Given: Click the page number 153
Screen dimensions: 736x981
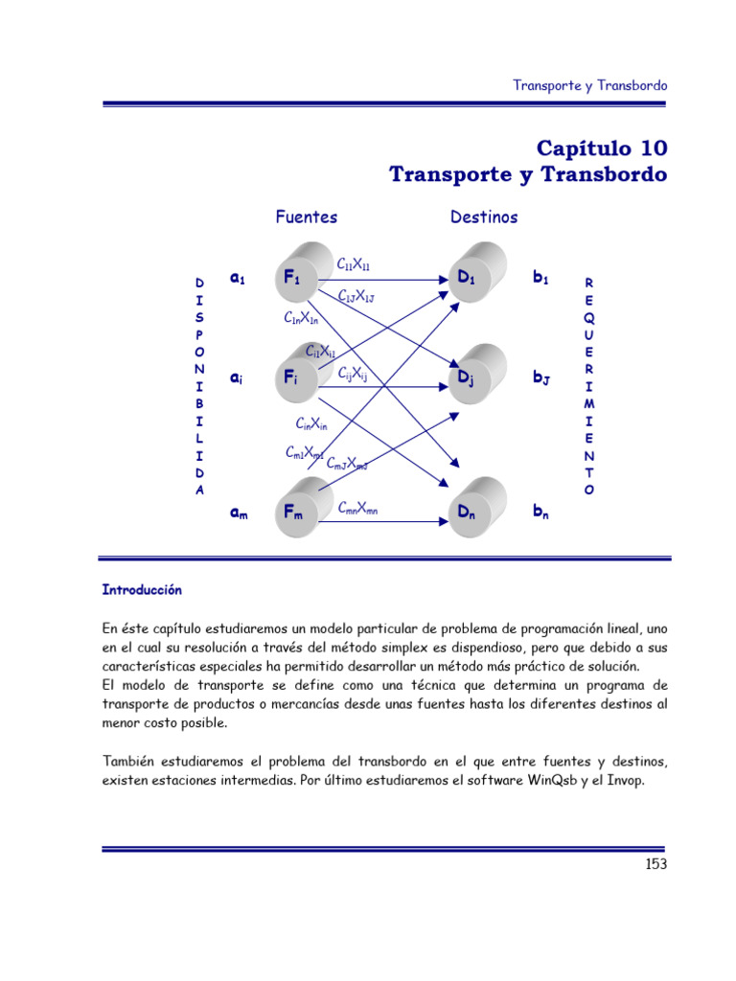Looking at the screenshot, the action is pyautogui.click(x=655, y=863).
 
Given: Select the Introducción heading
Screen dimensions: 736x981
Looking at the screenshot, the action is pyautogui.click(x=142, y=590).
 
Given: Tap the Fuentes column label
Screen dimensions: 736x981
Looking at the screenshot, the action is pyautogui.click(x=306, y=217).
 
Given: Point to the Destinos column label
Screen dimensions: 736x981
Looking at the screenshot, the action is pyautogui.click(x=484, y=217).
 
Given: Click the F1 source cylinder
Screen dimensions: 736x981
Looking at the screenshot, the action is pyautogui.click(x=293, y=279).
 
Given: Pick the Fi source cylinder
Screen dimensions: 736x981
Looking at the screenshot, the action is pyautogui.click(x=293, y=379).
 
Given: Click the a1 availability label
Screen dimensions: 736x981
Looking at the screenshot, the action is pyautogui.click(x=239, y=278).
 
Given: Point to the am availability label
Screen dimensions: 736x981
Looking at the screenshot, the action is pyautogui.click(x=240, y=513).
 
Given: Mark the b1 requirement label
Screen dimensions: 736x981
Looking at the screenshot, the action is pyautogui.click(x=541, y=278).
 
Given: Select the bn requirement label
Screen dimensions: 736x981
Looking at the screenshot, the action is pyautogui.click(x=541, y=513).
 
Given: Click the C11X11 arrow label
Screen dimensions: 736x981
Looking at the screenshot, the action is pyautogui.click(x=355, y=263).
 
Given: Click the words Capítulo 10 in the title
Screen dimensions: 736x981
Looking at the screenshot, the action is pyautogui.click(x=601, y=148).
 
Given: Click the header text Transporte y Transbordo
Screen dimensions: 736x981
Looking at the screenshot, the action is pyautogui.click(x=589, y=85).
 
